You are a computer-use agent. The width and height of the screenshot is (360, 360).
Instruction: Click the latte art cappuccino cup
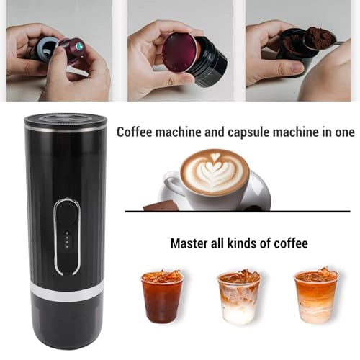point(215,175)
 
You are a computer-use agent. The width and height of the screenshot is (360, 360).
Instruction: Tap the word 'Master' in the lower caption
point(189,243)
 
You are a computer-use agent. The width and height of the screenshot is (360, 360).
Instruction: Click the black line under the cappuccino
point(238,211)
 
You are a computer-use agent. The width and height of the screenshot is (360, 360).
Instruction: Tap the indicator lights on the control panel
point(66,238)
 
